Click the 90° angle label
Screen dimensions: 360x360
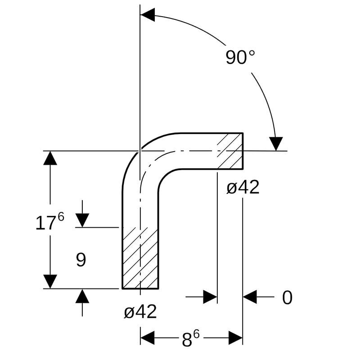[x=240, y=58]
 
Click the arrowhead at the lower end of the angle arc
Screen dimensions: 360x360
[x=276, y=144]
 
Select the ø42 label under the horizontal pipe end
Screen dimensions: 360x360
[x=243, y=187]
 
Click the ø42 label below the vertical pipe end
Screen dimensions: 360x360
[x=140, y=311]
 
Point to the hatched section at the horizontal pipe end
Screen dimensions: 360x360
[x=230, y=151]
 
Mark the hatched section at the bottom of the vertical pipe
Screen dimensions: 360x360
[x=140, y=258]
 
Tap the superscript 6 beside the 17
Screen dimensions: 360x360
[x=61, y=217]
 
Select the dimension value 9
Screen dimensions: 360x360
[x=81, y=260]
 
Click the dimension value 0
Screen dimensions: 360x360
[x=287, y=298]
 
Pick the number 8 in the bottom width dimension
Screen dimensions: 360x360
[x=187, y=340]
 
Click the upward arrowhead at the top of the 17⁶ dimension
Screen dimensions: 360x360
[x=50, y=158]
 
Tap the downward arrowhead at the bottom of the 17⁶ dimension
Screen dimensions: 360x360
[x=50, y=281]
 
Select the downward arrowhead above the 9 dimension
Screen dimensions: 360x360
[x=82, y=220]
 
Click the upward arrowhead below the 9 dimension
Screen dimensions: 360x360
[x=82, y=296]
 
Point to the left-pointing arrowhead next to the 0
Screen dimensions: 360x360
[x=250, y=297]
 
